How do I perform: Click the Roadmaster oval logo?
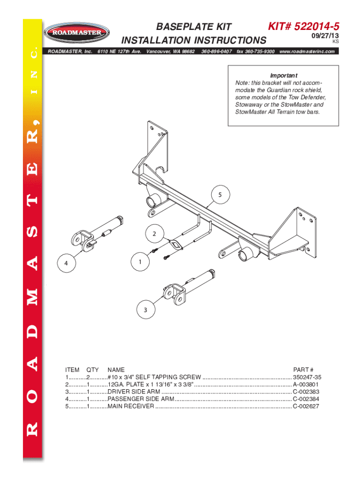pyautogui.click(x=77, y=33)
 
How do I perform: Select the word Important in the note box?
pyautogui.click(x=284, y=75)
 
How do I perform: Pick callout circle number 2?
pyautogui.click(x=153, y=233)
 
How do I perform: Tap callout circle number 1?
pyautogui.click(x=140, y=262)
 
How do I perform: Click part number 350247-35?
pyautogui.click(x=307, y=377)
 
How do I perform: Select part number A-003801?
pyautogui.click(x=306, y=385)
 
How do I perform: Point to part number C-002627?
pyautogui.click(x=306, y=407)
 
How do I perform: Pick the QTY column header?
pyautogui.click(x=93, y=370)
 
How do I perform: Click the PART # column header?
pyautogui.click(x=303, y=370)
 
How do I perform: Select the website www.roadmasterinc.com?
pyautogui.click(x=307, y=51)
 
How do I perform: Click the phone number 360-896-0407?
pyautogui.click(x=217, y=51)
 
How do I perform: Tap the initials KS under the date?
pyautogui.click(x=335, y=42)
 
